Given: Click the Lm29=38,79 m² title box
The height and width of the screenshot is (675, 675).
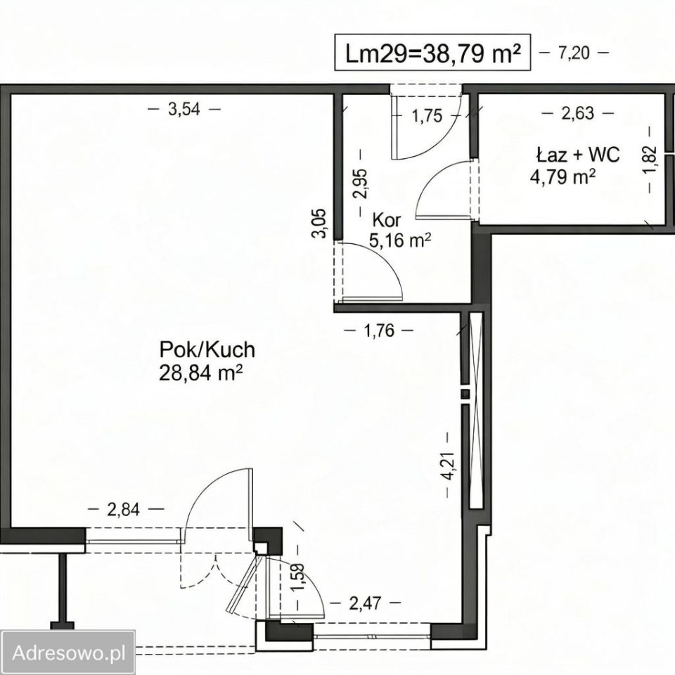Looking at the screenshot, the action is point(432,53).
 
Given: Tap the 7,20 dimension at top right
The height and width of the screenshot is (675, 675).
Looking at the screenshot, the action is point(574,53).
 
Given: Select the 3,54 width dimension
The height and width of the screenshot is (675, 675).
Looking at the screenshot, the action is point(184,110).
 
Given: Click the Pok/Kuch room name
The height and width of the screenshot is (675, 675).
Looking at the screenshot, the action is point(207,349).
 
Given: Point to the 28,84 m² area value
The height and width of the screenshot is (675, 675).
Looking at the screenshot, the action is point(200,373).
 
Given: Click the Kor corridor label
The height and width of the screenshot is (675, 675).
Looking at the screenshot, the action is point(387,220).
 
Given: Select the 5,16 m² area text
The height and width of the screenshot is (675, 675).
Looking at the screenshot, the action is point(400,240).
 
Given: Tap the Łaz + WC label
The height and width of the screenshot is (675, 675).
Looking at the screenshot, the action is point(578,155).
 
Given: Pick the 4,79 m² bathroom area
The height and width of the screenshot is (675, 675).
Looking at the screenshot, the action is point(562,176).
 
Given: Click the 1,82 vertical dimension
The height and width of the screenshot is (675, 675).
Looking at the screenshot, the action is point(650,159).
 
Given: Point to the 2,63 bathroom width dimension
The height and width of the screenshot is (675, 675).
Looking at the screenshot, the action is point(578,114).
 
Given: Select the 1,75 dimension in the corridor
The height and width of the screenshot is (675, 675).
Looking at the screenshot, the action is point(427,116).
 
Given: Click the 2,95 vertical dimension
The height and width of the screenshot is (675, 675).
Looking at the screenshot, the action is point(360,183).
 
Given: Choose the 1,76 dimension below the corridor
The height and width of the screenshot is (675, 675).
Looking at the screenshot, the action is point(379,330).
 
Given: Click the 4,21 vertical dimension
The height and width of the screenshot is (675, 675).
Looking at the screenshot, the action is point(448,465).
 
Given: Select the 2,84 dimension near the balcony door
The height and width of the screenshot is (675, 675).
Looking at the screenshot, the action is point(124,509).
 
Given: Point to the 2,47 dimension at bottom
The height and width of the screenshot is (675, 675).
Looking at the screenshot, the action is point(365,603).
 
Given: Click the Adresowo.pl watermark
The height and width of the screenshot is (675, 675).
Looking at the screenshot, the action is point(69,652).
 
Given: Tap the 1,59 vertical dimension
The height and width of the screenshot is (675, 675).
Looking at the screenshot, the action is point(298,578).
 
